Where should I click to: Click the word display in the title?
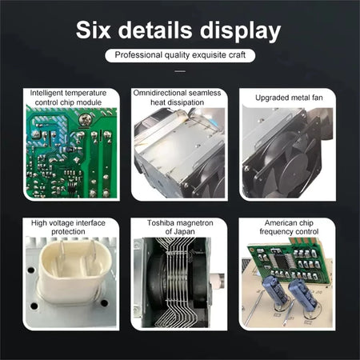pyautogui.click(x=240, y=30)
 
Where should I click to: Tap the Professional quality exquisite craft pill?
pyautogui.click(x=180, y=55)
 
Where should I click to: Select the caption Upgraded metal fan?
pyautogui.click(x=289, y=98)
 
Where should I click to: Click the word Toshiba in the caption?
pyautogui.click(x=161, y=222)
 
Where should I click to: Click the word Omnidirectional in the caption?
pyautogui.click(x=160, y=93)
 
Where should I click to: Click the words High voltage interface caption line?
pyautogui.click(x=68, y=222)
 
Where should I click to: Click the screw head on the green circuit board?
pyautogui.click(x=86, y=119)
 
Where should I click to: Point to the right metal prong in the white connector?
pyautogui.click(x=93, y=254)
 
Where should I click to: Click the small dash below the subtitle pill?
pyautogui.click(x=180, y=71)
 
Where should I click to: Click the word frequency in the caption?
pyautogui.click(x=277, y=232)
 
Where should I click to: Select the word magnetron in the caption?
pyautogui.click(x=195, y=223)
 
